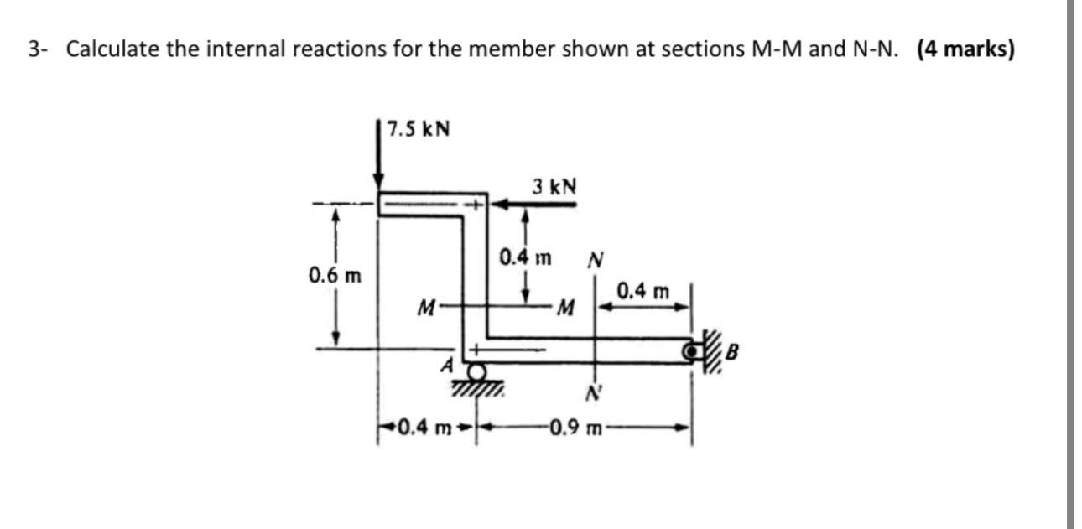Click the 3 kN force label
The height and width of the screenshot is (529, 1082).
tap(554, 185)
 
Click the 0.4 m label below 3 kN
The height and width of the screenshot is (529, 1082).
tap(525, 256)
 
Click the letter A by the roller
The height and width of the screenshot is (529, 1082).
tap(449, 365)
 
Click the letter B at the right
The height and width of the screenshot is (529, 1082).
tap(731, 350)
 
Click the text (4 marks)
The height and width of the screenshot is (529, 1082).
tap(965, 49)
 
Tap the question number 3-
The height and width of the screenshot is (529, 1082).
tap(36, 49)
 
